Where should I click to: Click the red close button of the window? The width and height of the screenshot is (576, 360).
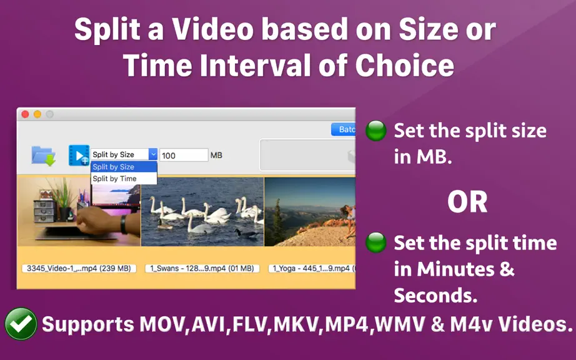point(26,114)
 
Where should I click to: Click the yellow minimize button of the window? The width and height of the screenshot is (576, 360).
point(37,114)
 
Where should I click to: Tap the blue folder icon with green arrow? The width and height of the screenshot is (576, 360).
point(43,156)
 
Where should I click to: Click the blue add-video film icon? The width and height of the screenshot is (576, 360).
point(79,156)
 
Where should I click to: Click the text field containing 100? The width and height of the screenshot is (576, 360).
point(184,155)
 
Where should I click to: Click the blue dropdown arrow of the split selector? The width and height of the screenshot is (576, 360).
point(153,154)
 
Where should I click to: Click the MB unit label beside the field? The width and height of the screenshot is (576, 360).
point(216,156)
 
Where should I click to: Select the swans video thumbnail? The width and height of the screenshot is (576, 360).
point(202,212)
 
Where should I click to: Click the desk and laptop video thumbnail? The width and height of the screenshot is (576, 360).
point(79,212)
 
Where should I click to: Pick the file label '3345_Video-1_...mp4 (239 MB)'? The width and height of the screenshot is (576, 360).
point(79,269)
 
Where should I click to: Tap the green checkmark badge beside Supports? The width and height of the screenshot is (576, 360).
point(21,324)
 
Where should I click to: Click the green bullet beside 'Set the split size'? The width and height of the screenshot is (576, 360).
point(376,131)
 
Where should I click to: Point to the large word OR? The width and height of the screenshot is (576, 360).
point(467,202)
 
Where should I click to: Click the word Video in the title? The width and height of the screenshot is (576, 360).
point(213,29)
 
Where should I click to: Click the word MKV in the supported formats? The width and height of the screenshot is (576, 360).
point(296,324)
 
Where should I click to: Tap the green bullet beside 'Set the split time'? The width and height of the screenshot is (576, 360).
point(376,242)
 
